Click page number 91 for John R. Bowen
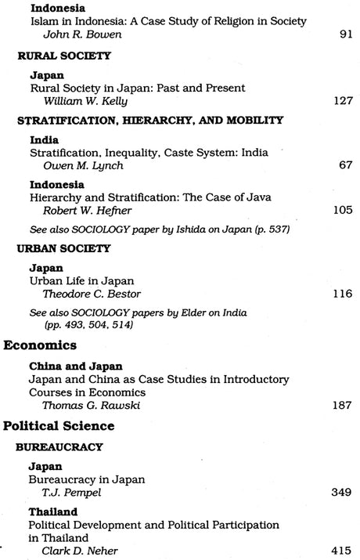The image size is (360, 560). pos(347,34)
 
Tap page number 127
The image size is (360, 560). pos(344,101)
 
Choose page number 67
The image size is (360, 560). pos(347,165)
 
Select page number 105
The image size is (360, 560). pos(344,210)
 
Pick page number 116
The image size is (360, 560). pos(344,292)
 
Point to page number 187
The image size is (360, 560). pos(344,406)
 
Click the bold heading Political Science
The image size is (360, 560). pos(59,427)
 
